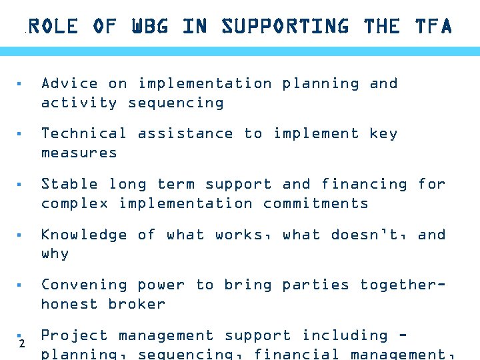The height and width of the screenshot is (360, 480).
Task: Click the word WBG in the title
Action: point(150,27)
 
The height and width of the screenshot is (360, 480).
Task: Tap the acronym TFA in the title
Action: point(433,27)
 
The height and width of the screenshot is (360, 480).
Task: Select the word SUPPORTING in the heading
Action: point(285,27)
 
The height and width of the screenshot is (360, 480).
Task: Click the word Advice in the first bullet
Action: point(69,83)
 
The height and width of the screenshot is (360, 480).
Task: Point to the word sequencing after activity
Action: point(176,103)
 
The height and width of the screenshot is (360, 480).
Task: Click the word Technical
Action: point(84,133)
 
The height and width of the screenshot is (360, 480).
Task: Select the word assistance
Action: point(185,133)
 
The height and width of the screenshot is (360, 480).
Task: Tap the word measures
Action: point(79,153)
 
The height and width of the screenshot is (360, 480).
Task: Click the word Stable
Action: point(69,184)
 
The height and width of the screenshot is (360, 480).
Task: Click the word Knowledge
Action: point(84,235)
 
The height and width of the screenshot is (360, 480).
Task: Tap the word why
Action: point(55,254)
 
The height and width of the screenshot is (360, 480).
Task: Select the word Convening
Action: point(84,285)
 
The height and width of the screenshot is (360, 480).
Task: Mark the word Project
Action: point(74,335)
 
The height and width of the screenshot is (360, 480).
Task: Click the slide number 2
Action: point(22,344)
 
